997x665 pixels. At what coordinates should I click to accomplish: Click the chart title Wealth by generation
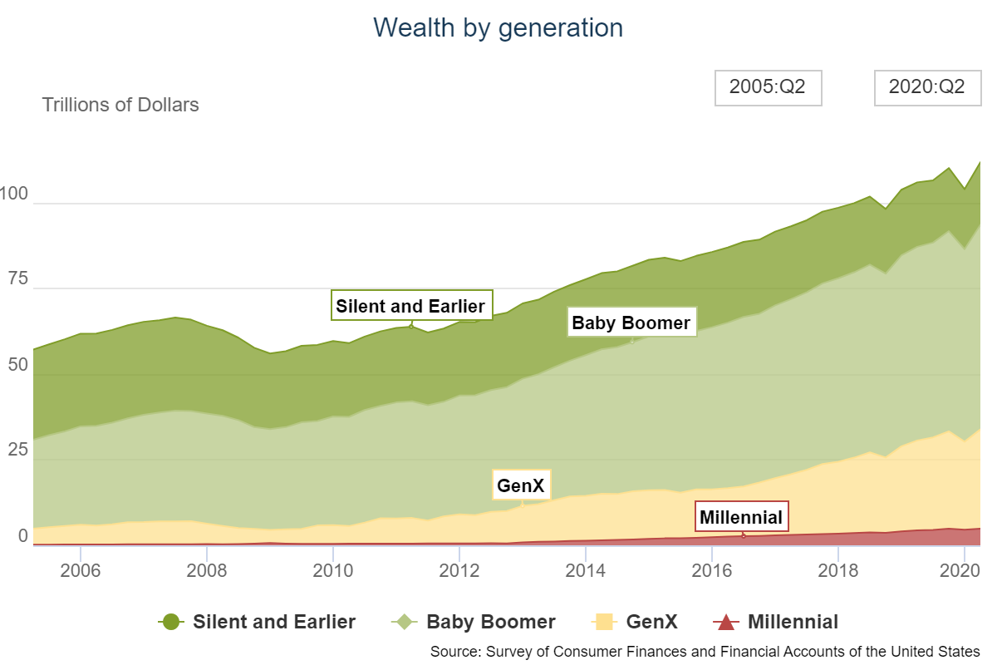click(498, 28)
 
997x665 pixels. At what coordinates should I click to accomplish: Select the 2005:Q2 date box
click(769, 88)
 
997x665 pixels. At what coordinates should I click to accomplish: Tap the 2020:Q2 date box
click(927, 88)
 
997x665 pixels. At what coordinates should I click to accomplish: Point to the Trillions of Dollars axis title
click(120, 105)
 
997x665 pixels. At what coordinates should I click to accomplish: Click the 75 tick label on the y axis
click(18, 278)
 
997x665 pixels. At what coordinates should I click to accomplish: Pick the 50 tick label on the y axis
click(18, 364)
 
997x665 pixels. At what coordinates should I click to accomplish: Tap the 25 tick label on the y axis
click(18, 450)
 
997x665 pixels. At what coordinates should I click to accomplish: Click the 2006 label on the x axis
click(81, 570)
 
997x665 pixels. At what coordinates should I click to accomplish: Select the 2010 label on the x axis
click(333, 570)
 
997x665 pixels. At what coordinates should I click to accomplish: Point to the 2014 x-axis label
click(585, 570)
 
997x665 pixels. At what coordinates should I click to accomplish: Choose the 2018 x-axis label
click(837, 570)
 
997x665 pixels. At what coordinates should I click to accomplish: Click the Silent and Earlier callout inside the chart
click(412, 306)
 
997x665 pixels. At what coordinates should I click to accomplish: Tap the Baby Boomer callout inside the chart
click(631, 322)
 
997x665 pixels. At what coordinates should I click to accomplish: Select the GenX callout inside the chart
click(521, 485)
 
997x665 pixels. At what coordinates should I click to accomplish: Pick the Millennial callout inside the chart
click(741, 517)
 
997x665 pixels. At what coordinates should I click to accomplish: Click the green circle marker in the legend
click(171, 622)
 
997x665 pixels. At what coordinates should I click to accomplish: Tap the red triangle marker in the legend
click(726, 622)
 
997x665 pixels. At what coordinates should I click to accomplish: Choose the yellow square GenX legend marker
click(604, 622)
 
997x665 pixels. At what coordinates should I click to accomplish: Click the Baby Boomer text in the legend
click(491, 622)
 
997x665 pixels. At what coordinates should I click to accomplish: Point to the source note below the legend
click(705, 652)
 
